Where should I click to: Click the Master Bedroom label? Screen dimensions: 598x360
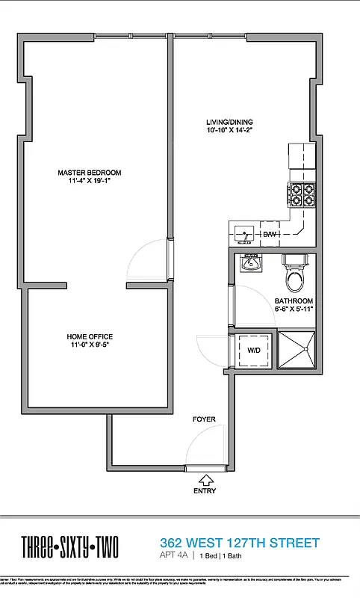[90, 173]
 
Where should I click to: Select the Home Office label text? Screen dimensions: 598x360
[90, 336]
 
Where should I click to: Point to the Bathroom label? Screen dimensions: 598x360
[294, 301]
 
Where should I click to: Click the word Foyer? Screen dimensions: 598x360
[204, 419]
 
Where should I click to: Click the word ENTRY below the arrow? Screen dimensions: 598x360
[204, 491]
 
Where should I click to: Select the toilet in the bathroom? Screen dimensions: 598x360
[295, 275]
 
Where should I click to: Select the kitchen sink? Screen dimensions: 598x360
[243, 234]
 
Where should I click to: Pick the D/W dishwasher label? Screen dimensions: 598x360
[270, 235]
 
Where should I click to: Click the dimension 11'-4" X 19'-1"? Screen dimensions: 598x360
[90, 181]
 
